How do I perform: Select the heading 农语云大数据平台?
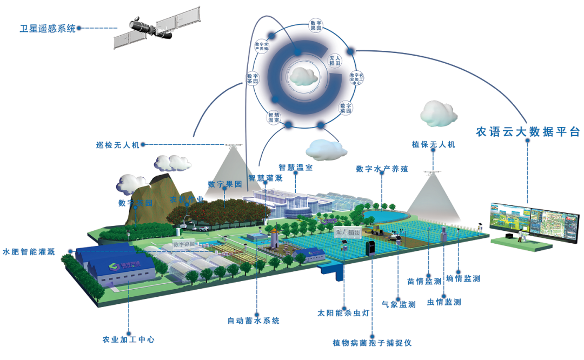click(x=528, y=132)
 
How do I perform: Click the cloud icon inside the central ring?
click(x=303, y=76)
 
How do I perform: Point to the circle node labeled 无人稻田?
click(x=335, y=61)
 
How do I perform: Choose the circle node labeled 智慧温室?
click(x=274, y=117)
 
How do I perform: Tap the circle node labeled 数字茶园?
click(x=253, y=79)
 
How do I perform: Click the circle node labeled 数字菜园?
click(x=346, y=108)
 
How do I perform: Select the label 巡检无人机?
click(x=117, y=145)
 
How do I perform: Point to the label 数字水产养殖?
click(x=382, y=169)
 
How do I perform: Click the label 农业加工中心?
click(x=129, y=339)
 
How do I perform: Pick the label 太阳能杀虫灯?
click(x=343, y=312)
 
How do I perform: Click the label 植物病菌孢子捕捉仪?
click(x=372, y=343)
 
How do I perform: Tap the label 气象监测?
click(x=399, y=305)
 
